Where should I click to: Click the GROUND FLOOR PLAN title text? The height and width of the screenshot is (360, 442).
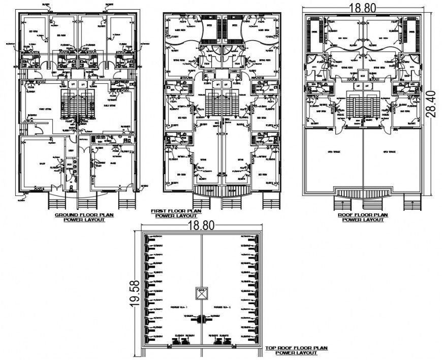click(84, 215)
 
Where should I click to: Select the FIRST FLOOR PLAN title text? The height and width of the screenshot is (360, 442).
click(171, 211)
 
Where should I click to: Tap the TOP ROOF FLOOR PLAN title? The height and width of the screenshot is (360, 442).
click(296, 348)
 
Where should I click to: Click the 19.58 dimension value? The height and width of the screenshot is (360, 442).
click(134, 293)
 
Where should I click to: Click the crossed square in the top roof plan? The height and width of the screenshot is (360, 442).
click(201, 293)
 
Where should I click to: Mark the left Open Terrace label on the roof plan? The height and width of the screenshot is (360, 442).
click(333, 151)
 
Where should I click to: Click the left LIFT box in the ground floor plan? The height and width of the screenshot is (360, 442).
click(73, 84)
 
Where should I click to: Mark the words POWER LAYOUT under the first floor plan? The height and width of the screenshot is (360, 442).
click(172, 216)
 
